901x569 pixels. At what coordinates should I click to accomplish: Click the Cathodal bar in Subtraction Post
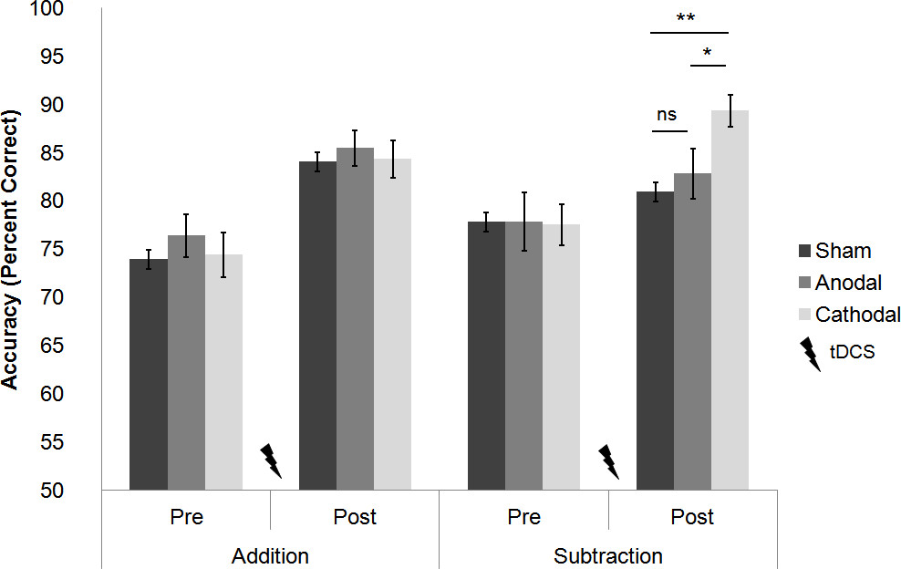click(x=730, y=301)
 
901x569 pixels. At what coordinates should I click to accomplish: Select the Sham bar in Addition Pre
click(x=148, y=374)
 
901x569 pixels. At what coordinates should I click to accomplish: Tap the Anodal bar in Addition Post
click(x=355, y=319)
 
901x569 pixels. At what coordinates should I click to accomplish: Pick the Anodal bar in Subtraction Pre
click(x=523, y=356)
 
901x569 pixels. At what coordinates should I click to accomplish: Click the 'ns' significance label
click(x=667, y=115)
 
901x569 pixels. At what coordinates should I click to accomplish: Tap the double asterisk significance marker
click(x=689, y=18)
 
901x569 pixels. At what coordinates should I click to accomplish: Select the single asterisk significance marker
click(x=708, y=53)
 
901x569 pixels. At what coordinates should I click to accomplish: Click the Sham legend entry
click(x=830, y=251)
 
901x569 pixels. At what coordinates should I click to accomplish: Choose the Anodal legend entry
click(x=835, y=283)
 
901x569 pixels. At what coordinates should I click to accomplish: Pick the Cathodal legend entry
click(x=844, y=315)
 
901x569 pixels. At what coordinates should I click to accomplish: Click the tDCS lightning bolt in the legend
click(x=810, y=354)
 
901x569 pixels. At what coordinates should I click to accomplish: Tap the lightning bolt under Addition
click(x=271, y=460)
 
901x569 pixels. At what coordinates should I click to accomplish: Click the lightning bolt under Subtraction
click(x=608, y=461)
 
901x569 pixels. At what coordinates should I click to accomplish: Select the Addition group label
click(x=270, y=555)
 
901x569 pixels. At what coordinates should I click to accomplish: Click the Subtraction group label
click(x=608, y=555)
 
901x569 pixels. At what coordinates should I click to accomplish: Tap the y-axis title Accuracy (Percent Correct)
click(x=11, y=250)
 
